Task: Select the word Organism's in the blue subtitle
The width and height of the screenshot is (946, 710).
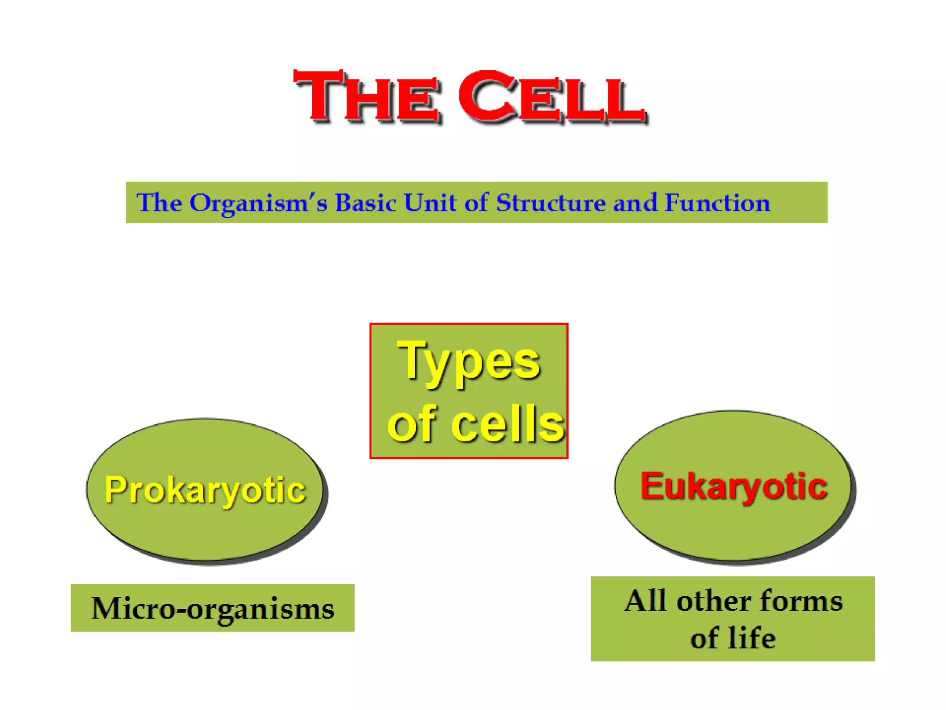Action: (258, 203)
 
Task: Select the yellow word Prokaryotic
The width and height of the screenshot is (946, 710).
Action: (205, 490)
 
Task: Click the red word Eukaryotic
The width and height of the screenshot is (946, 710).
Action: (734, 486)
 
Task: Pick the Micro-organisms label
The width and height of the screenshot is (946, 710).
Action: (212, 608)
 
